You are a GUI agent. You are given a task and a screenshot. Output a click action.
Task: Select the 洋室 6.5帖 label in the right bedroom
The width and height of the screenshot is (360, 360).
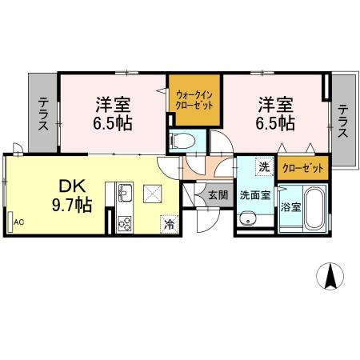pos(274,114)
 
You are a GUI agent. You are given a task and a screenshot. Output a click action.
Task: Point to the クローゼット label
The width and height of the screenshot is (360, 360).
pos(303,168)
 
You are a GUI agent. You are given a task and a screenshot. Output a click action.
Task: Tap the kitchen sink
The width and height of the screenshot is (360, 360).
pos(125,193)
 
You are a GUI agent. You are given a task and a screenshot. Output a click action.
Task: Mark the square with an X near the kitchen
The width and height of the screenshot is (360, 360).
pos(152,194)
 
